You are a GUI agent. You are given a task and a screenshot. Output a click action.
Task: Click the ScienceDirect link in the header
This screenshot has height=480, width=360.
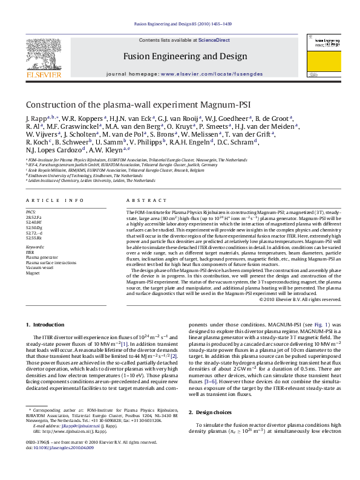coord(214,41)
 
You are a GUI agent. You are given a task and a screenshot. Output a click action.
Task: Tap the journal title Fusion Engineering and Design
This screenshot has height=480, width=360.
coord(185,56)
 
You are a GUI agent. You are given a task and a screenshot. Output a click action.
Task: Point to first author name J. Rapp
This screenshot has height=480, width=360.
coord(35,118)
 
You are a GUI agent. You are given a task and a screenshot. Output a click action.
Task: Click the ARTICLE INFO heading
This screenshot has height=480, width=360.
coord(55,200)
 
